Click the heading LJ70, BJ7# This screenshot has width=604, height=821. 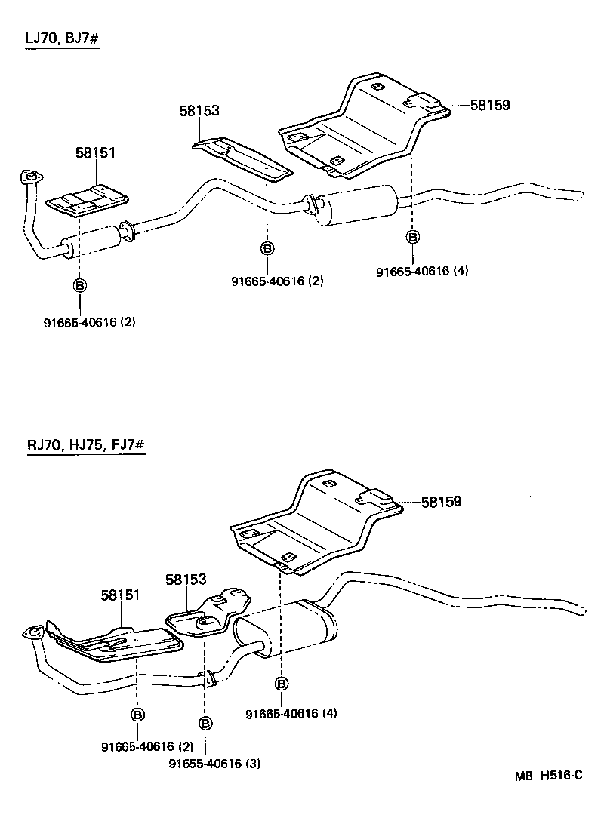coord(62,38)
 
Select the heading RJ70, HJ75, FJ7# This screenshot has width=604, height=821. coord(85,445)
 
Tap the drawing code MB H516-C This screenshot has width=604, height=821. coord(550,775)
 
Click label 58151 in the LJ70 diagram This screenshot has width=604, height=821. coord(95,153)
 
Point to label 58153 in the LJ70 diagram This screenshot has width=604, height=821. coord(199,111)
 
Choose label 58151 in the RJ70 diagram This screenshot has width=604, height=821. coord(122,595)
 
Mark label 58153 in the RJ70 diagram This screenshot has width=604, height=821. coord(186,580)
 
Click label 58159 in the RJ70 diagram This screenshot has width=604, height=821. coord(441,501)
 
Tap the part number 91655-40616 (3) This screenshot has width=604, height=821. coord(214,763)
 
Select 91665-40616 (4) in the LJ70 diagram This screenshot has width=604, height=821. coord(422,271)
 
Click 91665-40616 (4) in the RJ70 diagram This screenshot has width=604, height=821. coord(291,714)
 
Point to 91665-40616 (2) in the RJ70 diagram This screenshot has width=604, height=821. coord(147,746)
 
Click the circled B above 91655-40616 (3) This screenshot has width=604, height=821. coord(205,724)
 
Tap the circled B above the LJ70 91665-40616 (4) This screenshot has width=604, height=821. coord(412,237)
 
